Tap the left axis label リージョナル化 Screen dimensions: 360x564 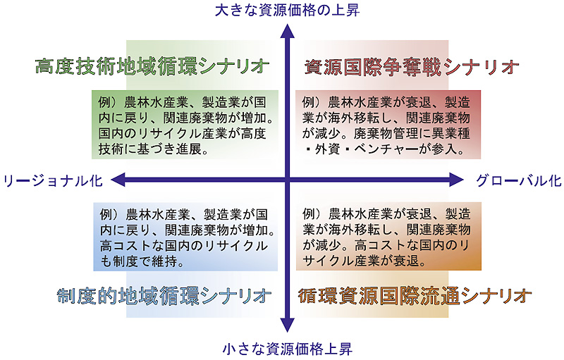tap(53, 180)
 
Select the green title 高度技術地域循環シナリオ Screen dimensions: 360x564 tap(152, 66)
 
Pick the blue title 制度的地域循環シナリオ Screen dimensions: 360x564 tap(164, 294)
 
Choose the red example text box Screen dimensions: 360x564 tap(388, 123)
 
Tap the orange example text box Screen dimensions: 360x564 tap(388, 236)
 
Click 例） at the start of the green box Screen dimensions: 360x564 tap(108, 99)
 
